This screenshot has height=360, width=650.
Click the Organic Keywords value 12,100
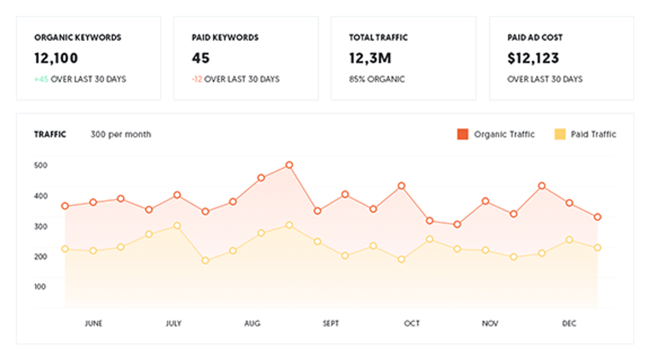[56, 58]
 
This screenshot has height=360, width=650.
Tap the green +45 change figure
[41, 79]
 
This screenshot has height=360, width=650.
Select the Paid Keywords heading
[225, 38]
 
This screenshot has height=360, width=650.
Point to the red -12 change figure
[197, 79]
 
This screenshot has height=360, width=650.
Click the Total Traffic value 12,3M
[370, 58]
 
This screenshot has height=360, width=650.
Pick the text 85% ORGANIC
[377, 79]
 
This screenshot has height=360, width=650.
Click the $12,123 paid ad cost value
[533, 58]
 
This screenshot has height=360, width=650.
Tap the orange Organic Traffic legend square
[463, 134]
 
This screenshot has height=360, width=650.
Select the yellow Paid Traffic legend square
[560, 134]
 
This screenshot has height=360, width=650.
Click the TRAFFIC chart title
[50, 135]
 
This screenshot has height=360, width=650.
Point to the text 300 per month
[121, 135]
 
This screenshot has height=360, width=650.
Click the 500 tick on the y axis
[41, 165]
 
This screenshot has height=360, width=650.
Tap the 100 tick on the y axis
[41, 287]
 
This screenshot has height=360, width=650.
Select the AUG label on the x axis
[252, 323]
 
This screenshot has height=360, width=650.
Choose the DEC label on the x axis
[569, 323]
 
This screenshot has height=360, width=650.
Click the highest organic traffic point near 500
[289, 165]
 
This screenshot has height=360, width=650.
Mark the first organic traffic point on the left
[65, 206]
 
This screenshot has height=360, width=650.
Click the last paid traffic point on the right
[598, 247]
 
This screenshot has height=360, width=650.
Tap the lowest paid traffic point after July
[206, 261]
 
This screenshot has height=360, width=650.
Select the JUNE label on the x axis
[94, 323]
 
